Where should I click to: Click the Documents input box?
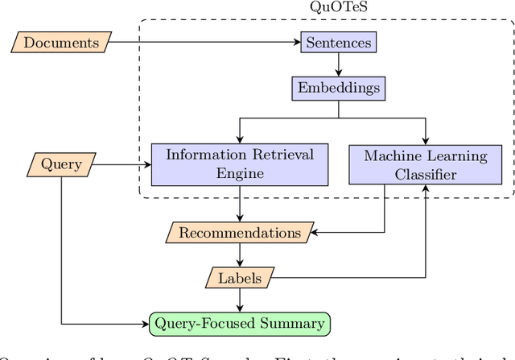click(x=61, y=42)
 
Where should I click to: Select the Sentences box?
click(x=338, y=42)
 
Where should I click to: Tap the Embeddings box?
click(x=338, y=87)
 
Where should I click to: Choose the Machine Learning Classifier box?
click(x=426, y=164)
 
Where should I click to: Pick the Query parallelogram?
click(x=61, y=164)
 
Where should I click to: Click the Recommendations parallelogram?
click(x=240, y=234)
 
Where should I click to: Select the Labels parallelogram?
click(x=240, y=278)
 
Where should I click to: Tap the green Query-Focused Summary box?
click(x=240, y=324)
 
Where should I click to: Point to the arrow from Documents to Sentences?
click(x=205, y=42)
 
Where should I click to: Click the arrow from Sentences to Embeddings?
click(x=338, y=64)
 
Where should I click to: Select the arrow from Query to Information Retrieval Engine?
click(x=121, y=164)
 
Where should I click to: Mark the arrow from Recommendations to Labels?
click(x=240, y=256)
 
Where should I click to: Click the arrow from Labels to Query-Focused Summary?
click(x=240, y=300)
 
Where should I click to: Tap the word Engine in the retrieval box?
click(x=240, y=174)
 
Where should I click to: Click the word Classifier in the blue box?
click(x=426, y=174)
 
